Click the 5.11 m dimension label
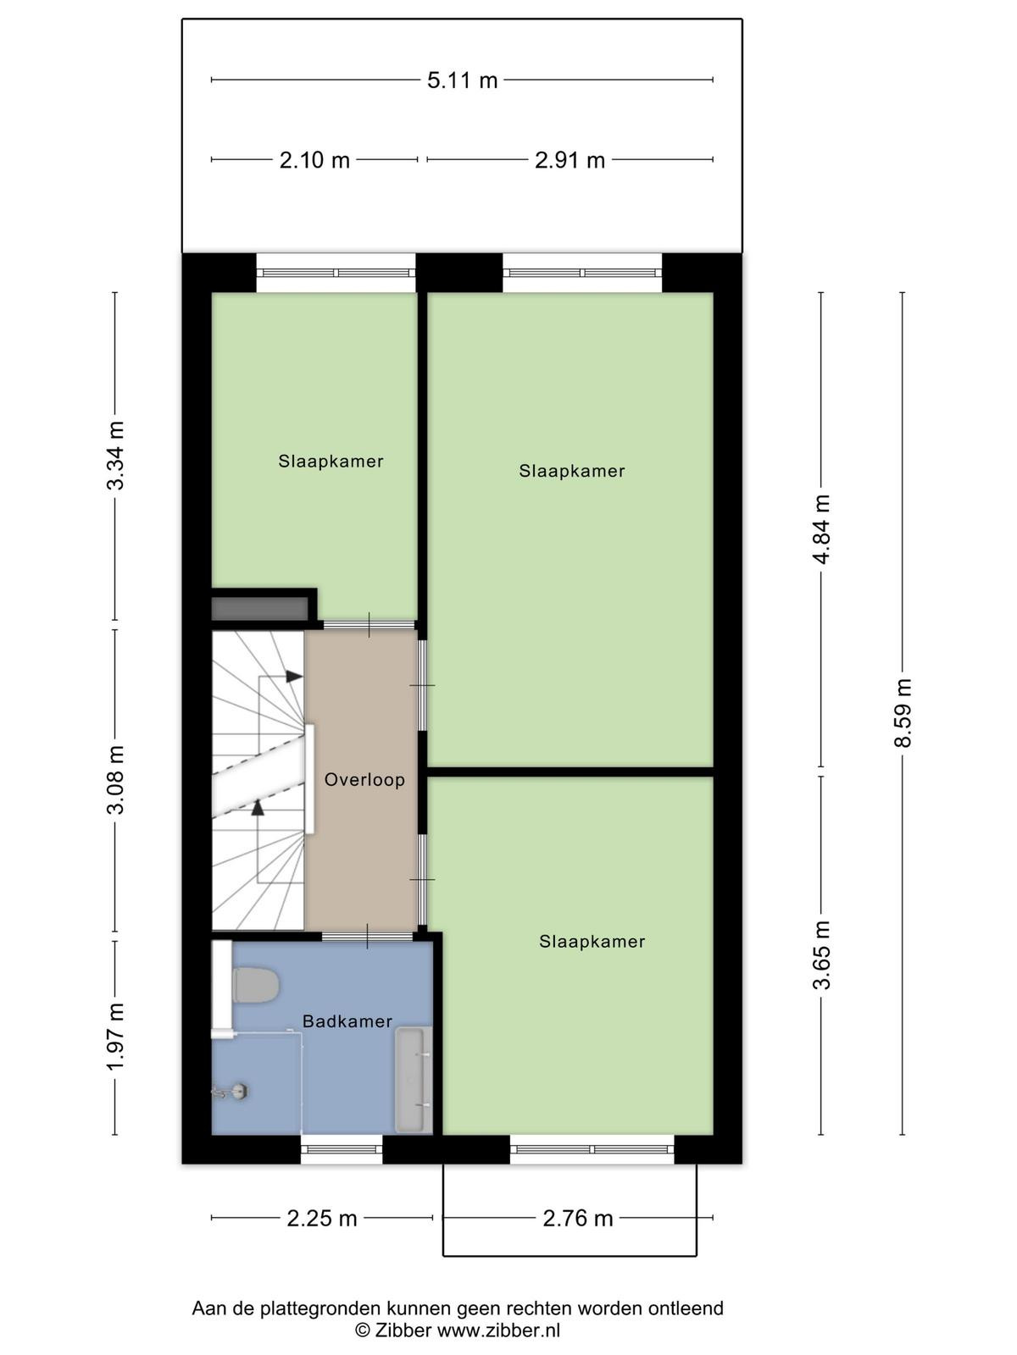[462, 80]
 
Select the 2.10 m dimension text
[314, 161]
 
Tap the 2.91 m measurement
[570, 161]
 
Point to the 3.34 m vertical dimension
[115, 455]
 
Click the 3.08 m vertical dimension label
[115, 780]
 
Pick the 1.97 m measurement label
[115, 1037]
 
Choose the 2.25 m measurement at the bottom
[322, 1219]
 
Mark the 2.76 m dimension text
[577, 1219]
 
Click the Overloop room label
[364, 780]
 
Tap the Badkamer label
[347, 1021]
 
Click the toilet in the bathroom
[247, 986]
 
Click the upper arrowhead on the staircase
[295, 677]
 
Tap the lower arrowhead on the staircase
[258, 807]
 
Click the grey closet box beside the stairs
[260, 609]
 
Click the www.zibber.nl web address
[498, 1330]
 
